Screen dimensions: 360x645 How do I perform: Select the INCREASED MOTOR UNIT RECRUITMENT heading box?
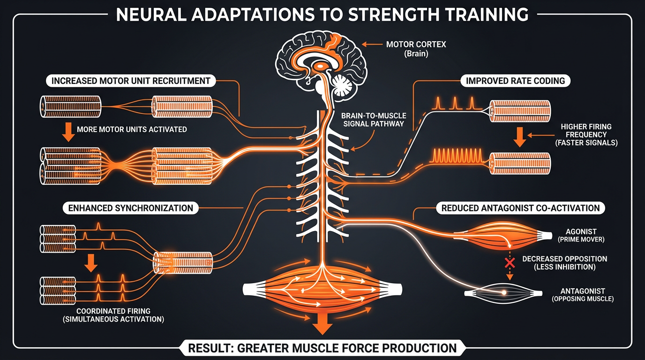point(131,81)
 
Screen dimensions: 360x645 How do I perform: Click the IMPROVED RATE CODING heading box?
point(515,81)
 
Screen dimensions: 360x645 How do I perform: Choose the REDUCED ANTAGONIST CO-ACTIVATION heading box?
point(520,208)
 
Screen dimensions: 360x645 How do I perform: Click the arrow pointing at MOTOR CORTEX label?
point(371,45)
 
